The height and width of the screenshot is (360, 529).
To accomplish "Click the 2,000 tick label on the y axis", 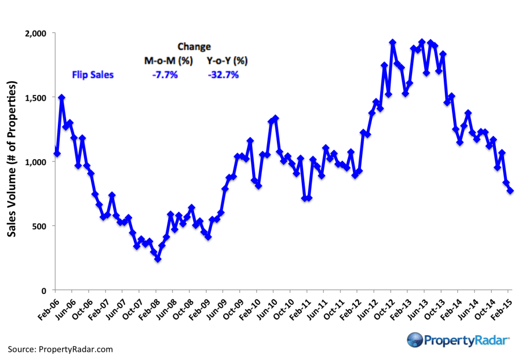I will click(37, 33).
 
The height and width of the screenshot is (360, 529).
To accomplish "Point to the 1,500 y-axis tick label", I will click(37, 98).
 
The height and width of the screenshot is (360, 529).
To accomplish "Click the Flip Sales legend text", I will click(92, 75).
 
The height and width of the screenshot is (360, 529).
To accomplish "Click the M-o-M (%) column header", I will click(168, 61).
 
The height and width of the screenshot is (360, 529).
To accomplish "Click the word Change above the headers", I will click(194, 46).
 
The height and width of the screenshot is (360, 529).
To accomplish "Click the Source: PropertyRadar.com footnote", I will click(60, 350).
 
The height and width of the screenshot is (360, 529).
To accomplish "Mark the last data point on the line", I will click(510, 191).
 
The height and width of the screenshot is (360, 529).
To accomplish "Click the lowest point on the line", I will click(158, 259).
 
